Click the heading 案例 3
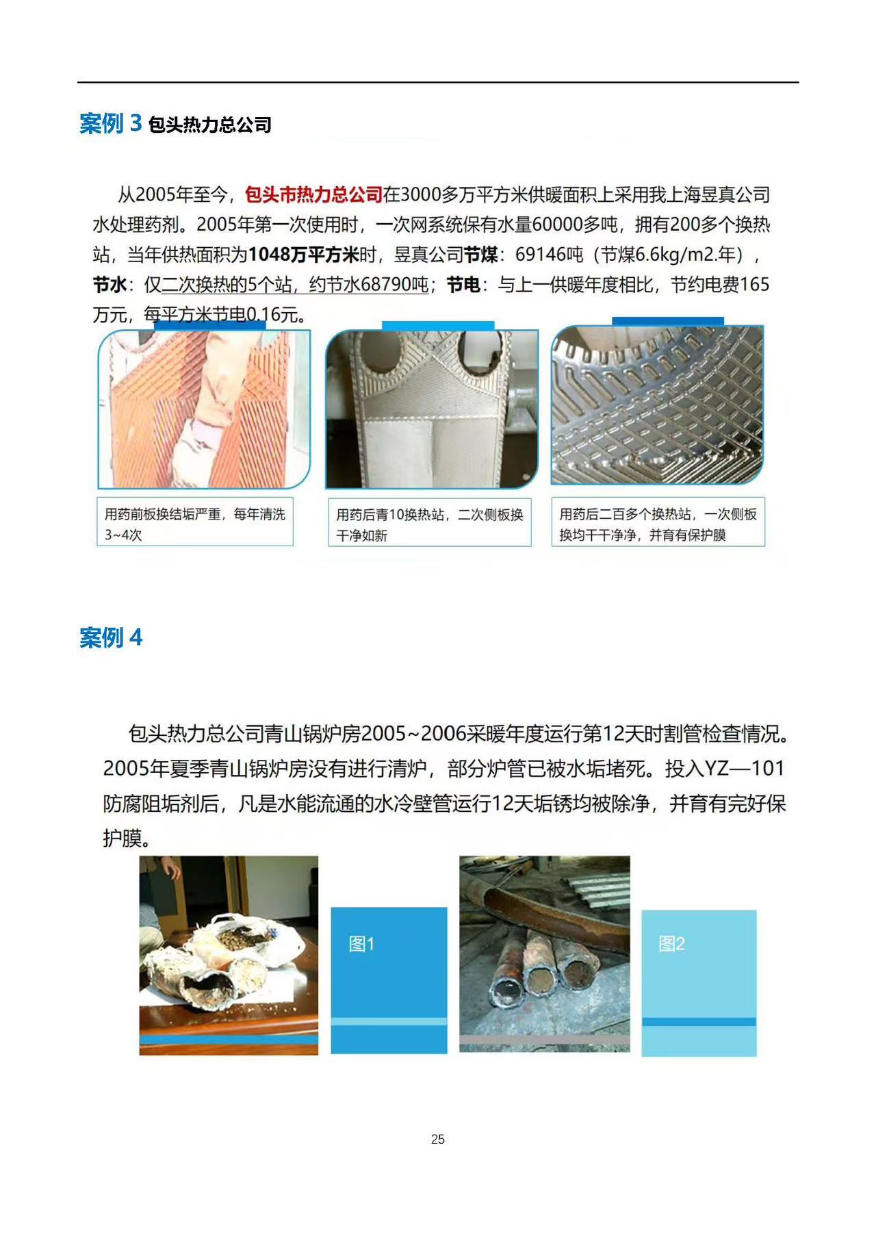pyautogui.click(x=110, y=123)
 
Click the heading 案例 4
pyautogui.click(x=110, y=637)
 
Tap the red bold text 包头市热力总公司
pyautogui.click(x=313, y=195)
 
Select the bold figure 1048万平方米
pyautogui.click(x=303, y=255)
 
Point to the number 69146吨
pyautogui.click(x=549, y=255)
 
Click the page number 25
pyautogui.click(x=438, y=1139)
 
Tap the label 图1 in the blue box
pyautogui.click(x=361, y=944)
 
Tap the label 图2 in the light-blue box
pyautogui.click(x=671, y=944)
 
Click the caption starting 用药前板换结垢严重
pyautogui.click(x=194, y=524)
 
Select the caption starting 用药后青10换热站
pyautogui.click(x=429, y=524)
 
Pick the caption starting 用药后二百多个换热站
pyautogui.click(x=658, y=524)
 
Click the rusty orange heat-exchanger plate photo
pyautogui.click(x=204, y=409)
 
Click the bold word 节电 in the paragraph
pyautogui.click(x=463, y=285)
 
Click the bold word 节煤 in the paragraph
pyautogui.click(x=481, y=255)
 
